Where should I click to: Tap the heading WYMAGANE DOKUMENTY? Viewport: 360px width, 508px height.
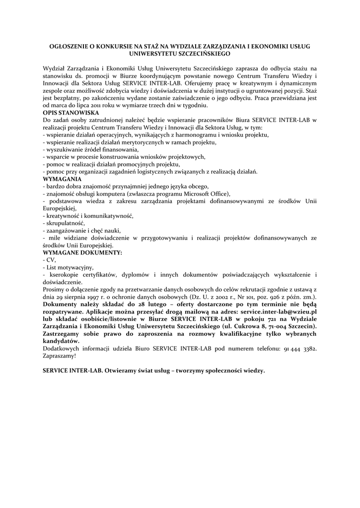click(x=82, y=253)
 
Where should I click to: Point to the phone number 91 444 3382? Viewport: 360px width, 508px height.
click(x=300, y=349)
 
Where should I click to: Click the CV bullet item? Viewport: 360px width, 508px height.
click(x=50, y=259)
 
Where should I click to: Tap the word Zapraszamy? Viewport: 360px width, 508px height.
click(x=60, y=356)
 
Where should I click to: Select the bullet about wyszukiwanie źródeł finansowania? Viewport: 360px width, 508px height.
click(x=91, y=149)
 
